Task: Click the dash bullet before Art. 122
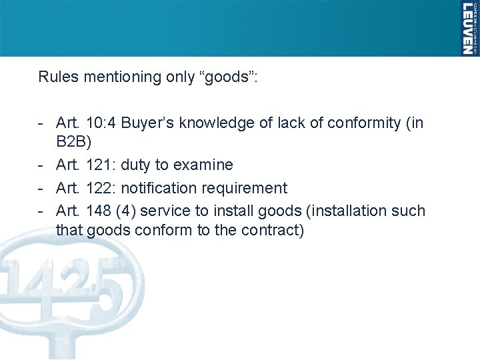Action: pos(42,188)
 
